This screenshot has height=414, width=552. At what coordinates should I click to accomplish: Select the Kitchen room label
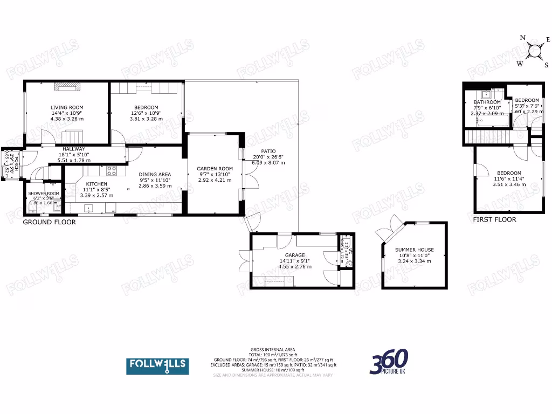[96, 184]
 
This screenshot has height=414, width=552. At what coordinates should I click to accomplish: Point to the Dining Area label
[155, 175]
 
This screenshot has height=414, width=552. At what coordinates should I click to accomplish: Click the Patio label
[268, 151]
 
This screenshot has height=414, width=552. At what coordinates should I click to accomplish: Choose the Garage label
[295, 256]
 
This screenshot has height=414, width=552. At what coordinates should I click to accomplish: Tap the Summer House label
[414, 250]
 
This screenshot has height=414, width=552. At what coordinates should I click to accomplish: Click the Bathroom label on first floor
[487, 102]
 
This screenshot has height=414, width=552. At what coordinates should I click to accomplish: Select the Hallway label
[71, 149]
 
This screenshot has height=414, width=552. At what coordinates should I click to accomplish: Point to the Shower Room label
[44, 194]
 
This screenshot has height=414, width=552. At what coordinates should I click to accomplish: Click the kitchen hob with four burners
[112, 171]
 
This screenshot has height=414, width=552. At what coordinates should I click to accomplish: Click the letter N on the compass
[522, 38]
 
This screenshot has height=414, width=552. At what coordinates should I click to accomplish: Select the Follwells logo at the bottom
[157, 366]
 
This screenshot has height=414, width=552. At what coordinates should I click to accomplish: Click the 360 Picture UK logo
[389, 362]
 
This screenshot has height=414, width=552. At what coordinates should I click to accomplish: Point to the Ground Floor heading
[49, 222]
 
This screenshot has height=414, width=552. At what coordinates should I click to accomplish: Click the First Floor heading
[494, 219]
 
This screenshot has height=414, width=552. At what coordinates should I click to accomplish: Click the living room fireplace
[67, 85]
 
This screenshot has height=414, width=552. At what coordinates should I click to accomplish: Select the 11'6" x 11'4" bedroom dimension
[509, 179]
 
